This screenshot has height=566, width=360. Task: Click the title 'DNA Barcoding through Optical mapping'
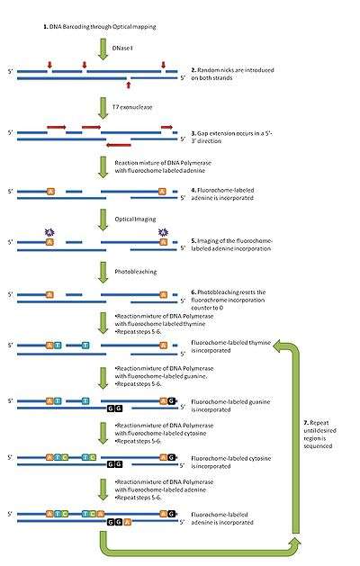pyautogui.click(x=100, y=28)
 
